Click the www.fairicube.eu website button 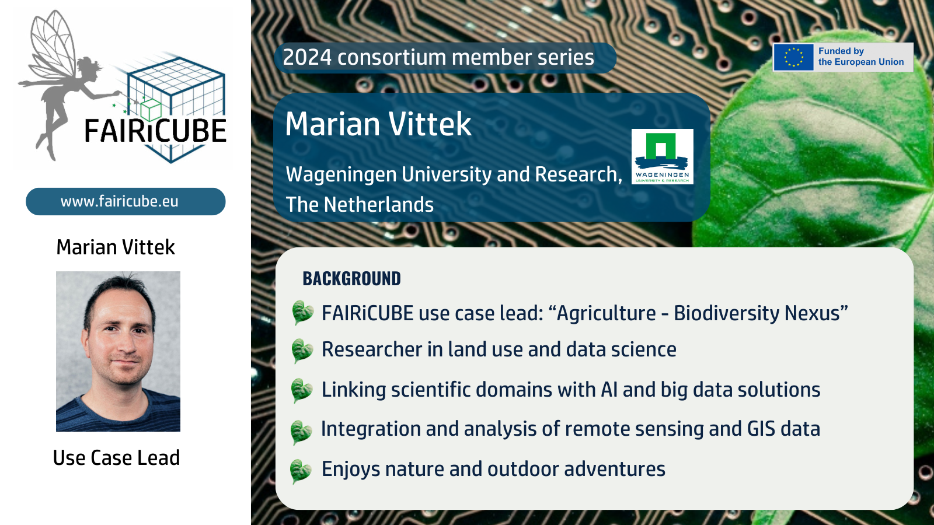click(x=126, y=201)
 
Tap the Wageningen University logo click(x=662, y=156)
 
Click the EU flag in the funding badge click(x=793, y=57)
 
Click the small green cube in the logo click(x=151, y=110)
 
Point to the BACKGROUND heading click(x=351, y=279)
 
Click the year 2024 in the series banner click(x=307, y=58)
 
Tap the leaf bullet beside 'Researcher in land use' click(x=302, y=351)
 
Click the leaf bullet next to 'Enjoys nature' click(x=300, y=471)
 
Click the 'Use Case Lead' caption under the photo click(x=116, y=457)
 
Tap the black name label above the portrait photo click(x=116, y=247)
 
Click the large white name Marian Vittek click(x=378, y=124)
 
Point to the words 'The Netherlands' click(x=360, y=205)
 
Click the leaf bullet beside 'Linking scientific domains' click(x=301, y=390)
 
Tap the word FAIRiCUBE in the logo click(x=155, y=131)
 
